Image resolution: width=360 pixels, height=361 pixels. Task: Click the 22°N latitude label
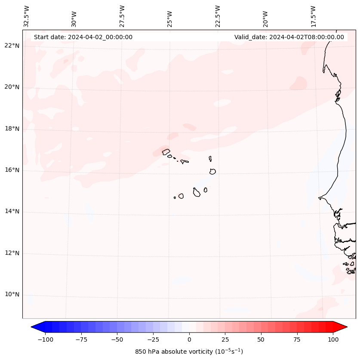12,46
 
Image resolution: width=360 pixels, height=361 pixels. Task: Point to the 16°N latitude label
12,170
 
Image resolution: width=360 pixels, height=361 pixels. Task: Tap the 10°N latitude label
12,294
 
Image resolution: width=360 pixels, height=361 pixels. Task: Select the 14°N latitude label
12,211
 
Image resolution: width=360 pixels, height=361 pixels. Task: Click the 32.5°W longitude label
27,16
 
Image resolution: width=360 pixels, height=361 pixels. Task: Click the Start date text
83,37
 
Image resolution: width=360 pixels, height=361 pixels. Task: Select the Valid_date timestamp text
289,37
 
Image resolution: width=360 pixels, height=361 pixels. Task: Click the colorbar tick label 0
189,339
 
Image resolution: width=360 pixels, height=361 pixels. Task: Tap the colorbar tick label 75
297,339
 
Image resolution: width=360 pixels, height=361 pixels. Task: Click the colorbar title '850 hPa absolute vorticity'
189,352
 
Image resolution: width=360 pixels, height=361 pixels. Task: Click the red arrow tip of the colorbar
346,327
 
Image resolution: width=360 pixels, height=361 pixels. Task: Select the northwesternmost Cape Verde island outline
166,151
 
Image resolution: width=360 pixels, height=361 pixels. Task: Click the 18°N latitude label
12,128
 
